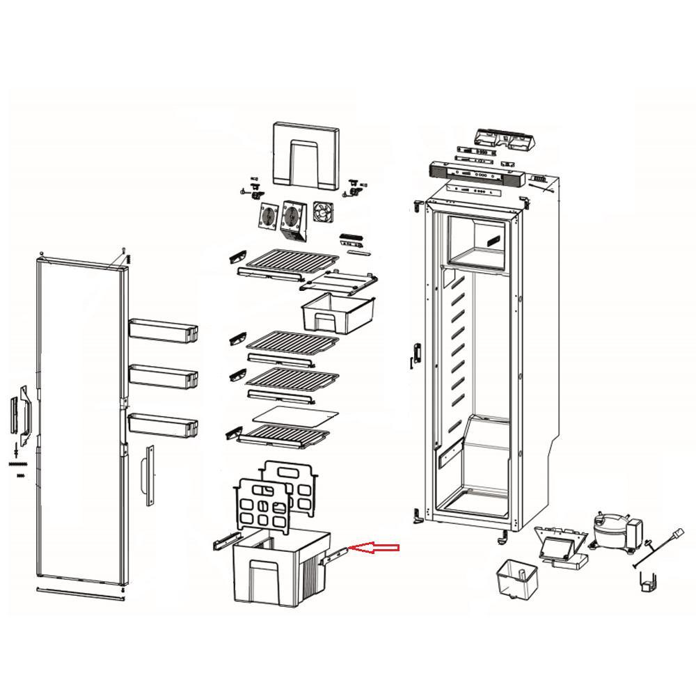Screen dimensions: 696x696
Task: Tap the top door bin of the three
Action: click(x=163, y=329)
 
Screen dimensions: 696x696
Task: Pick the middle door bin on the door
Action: click(x=163, y=376)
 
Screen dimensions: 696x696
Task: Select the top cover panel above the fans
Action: click(x=306, y=155)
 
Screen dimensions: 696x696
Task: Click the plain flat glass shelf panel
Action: click(x=295, y=416)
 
